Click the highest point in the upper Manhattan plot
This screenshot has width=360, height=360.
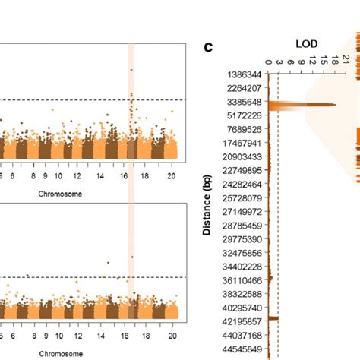(x=131, y=70)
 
